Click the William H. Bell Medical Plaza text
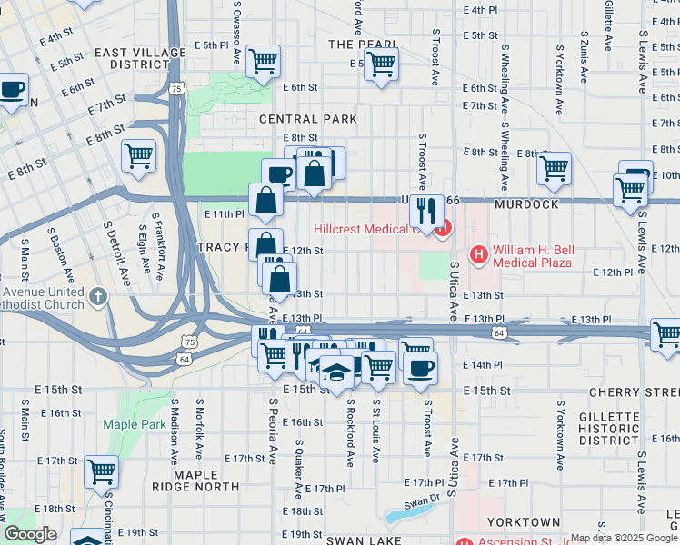pos(532,256)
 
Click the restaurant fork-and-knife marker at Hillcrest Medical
pos(425,212)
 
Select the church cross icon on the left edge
pos(99,296)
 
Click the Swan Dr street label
pos(422,500)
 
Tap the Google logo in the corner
pos(31,534)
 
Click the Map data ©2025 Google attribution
pos(624,538)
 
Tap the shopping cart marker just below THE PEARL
pos(381,64)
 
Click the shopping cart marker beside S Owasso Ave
pos(264,62)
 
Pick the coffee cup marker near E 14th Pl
pos(420,368)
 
